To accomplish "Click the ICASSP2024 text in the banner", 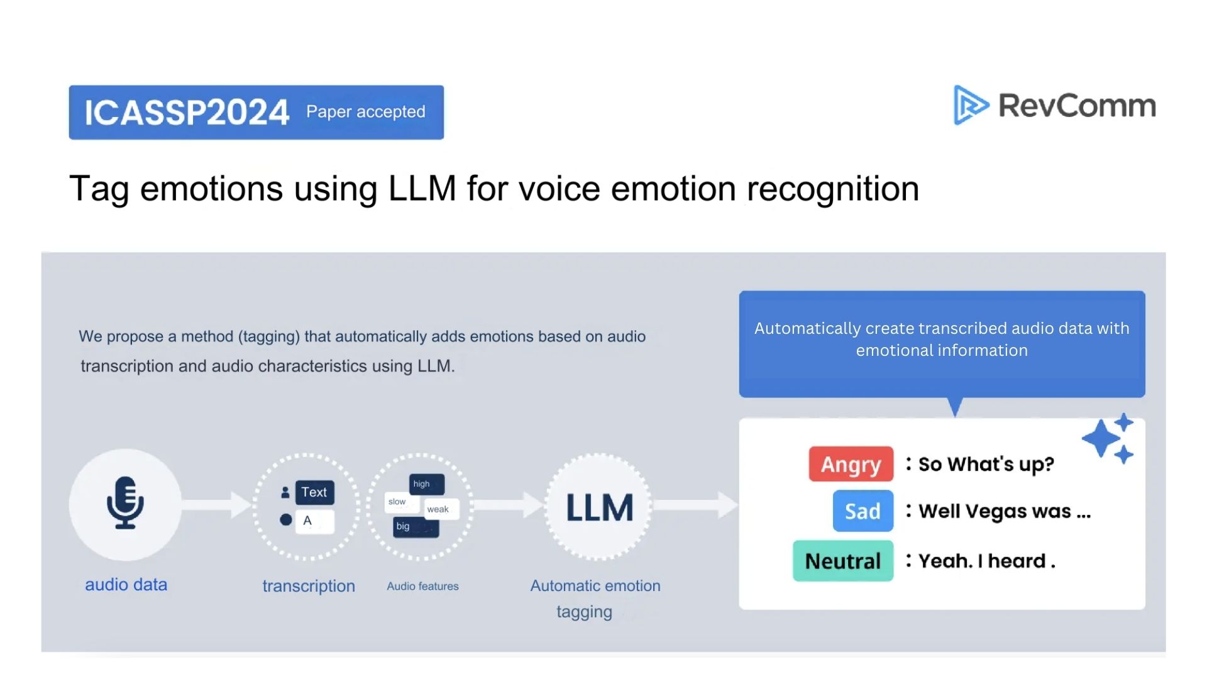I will (x=187, y=113).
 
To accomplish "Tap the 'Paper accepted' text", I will (x=365, y=112).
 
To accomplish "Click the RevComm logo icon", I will (x=970, y=105).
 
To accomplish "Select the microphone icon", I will (x=125, y=503).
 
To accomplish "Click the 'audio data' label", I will (x=126, y=585).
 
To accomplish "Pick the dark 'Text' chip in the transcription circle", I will (x=314, y=492).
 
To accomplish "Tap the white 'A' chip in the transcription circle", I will (x=314, y=521).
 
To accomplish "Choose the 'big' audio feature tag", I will (x=415, y=526).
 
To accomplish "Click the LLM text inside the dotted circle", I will (x=599, y=508).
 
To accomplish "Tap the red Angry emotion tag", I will (x=851, y=464).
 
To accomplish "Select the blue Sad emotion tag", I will (x=863, y=511).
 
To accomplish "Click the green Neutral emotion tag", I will (x=842, y=561).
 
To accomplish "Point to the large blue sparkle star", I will (x=1101, y=438).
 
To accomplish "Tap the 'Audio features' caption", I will (x=422, y=586).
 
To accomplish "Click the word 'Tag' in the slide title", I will (x=99, y=189).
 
